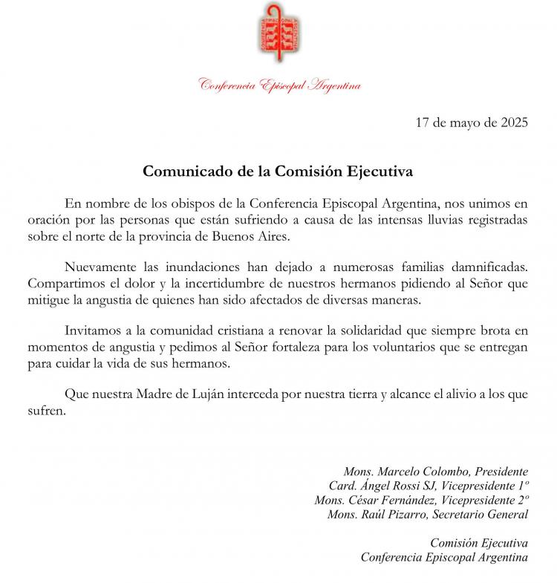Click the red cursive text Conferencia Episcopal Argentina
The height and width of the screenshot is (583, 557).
(280, 85)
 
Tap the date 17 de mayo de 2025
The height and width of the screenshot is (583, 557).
(472, 124)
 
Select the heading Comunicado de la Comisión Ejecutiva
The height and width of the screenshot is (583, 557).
(278, 171)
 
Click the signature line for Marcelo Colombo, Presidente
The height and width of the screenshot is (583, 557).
(435, 472)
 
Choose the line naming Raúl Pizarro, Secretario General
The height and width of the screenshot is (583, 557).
(427, 514)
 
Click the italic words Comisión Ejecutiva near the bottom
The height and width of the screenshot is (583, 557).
(479, 543)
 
